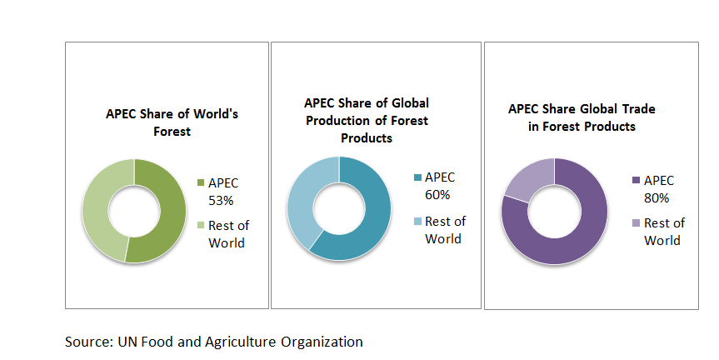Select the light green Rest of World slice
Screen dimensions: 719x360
point(95,211)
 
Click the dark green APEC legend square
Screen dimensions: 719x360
point(201,182)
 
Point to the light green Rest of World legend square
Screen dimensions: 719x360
point(201,225)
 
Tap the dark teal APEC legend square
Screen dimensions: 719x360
point(417,177)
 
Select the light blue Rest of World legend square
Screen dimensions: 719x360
point(417,221)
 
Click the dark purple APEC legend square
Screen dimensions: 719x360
point(636,180)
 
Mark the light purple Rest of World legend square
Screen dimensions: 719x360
point(636,222)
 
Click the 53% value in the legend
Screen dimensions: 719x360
point(221,200)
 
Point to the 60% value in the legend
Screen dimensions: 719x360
point(437,195)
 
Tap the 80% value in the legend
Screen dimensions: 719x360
point(657,198)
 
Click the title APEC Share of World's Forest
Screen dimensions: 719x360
point(172,122)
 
